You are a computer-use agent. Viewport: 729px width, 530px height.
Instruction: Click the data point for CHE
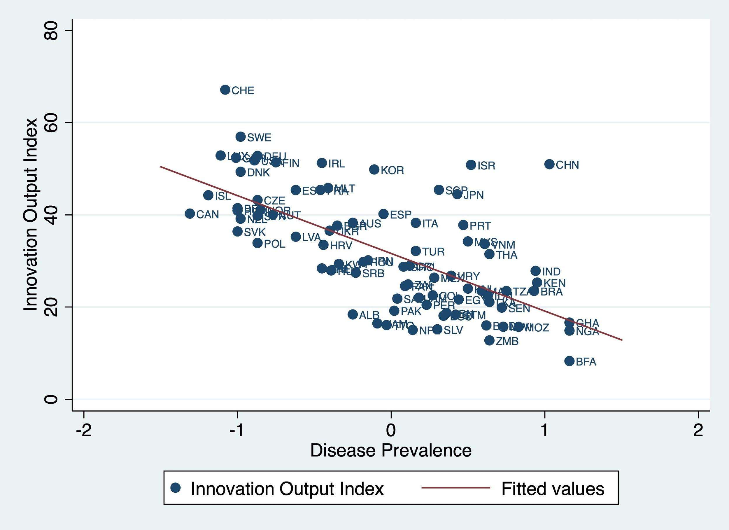coord(225,90)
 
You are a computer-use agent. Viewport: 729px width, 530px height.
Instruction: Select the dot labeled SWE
coord(241,137)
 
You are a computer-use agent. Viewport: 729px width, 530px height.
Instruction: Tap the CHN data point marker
coord(549,164)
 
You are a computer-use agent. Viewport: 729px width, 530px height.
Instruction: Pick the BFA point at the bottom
coord(569,361)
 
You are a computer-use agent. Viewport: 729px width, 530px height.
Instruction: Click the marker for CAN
coord(190,214)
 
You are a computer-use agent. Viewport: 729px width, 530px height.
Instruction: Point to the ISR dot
coord(471,165)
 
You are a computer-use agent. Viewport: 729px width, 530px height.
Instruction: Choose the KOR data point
coord(374,169)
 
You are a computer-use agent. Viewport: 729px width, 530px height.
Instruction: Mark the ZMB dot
coord(489,340)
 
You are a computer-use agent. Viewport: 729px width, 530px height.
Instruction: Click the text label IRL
coord(337,164)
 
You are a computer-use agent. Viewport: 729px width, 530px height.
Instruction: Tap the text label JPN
coord(474,195)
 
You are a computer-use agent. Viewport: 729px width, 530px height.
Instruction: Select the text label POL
coord(274,244)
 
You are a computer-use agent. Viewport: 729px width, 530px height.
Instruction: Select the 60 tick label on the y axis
coord(51,123)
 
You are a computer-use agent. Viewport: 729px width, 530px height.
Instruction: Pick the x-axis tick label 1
coord(544,431)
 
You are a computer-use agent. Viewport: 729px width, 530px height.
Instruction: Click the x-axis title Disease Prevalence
coord(391,450)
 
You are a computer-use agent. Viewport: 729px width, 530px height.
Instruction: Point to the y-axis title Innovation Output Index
coord(31,215)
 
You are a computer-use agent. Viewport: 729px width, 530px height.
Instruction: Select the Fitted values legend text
coord(553,489)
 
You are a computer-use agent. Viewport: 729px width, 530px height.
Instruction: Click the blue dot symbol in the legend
coord(176,488)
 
